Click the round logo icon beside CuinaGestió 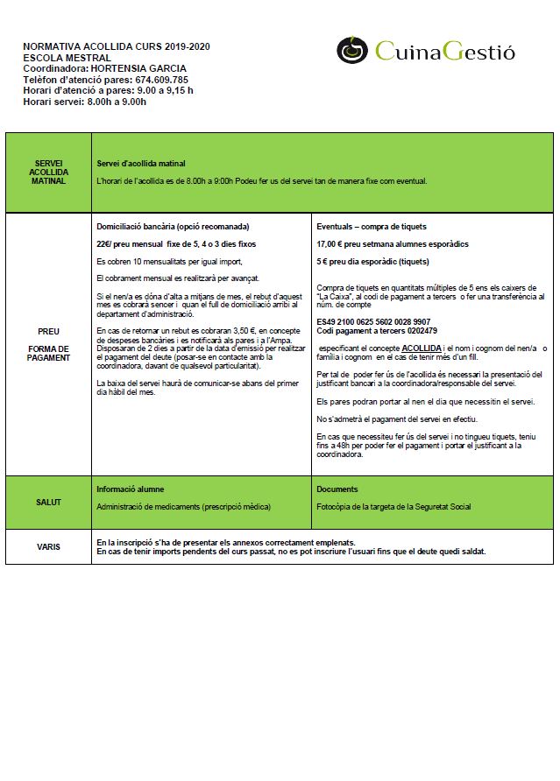(x=352, y=50)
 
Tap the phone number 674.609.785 (x=161, y=79)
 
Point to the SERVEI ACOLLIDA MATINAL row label (x=48, y=172)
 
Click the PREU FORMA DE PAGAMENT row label (x=48, y=344)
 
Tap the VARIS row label (x=48, y=546)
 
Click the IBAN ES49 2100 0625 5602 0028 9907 (x=373, y=321)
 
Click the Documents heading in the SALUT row (x=337, y=489)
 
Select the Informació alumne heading (x=130, y=489)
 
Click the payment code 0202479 (x=416, y=330)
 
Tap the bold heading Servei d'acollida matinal (x=140, y=164)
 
